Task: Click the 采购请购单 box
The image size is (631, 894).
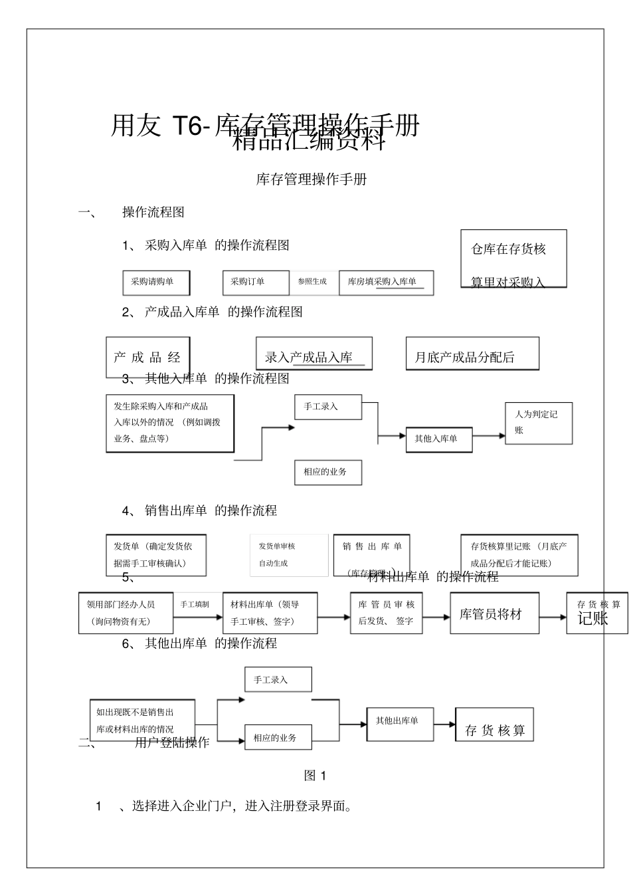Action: [156, 282]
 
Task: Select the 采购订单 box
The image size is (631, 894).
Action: [255, 282]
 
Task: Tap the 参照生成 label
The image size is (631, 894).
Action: [312, 282]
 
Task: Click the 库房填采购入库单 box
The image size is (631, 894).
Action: [386, 282]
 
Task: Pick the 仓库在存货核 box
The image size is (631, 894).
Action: [513, 259]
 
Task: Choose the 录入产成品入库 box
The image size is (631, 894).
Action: [314, 354]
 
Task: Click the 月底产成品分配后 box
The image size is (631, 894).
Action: [472, 354]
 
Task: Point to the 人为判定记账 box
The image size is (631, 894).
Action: [538, 423]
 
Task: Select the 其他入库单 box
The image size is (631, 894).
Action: [438, 439]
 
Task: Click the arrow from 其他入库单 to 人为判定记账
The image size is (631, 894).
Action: [489, 436]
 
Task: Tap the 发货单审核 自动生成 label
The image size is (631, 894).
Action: [288, 555]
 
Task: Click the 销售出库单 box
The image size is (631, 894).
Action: [371, 555]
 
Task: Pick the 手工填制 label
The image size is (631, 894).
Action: [195, 605]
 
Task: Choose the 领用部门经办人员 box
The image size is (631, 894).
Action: [126, 613]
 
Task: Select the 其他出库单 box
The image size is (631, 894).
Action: [401, 723]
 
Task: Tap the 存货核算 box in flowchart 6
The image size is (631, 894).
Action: [494, 725]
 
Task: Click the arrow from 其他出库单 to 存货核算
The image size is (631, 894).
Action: [444, 724]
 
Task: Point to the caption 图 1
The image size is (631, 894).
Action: [315, 776]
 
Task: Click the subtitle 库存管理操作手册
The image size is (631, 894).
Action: [312, 179]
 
